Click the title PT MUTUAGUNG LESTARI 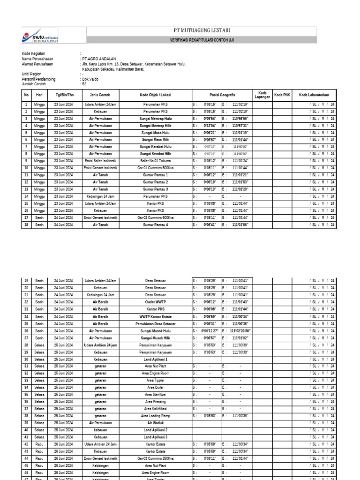coord(202,30)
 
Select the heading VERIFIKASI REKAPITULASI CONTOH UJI coord(202,40)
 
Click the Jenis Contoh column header coord(100,94)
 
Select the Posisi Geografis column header coord(222,94)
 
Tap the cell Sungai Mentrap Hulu coord(156,119)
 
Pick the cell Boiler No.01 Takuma coord(156,161)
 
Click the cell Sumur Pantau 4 coord(156,225)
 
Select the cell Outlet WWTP coord(156,302)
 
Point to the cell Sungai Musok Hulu coord(156,330)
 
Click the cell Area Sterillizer coord(156,395)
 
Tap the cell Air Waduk coord(156,422)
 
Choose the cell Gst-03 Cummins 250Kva coord(156,458)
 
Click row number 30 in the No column coord(26,359)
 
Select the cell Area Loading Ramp coord(156,416)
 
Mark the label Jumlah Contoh coord(34,84)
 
